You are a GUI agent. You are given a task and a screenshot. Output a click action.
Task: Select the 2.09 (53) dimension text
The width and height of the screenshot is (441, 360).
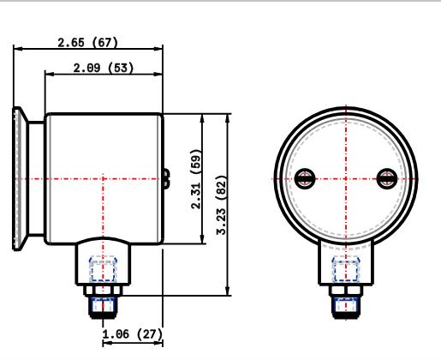pyautogui.click(x=104, y=68)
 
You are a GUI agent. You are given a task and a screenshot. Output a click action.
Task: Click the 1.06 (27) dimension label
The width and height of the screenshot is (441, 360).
pyautogui.click(x=132, y=333)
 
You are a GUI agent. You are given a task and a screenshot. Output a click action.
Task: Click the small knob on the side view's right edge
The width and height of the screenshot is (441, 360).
pyautogui.click(x=164, y=178)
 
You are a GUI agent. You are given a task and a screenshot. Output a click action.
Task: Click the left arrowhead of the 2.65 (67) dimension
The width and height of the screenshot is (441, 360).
pyautogui.click(x=16, y=50)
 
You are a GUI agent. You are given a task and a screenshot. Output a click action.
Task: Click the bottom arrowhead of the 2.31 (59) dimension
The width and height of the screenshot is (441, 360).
pyautogui.click(x=202, y=241)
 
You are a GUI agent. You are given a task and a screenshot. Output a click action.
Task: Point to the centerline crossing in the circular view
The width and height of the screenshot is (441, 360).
pyautogui.click(x=346, y=178)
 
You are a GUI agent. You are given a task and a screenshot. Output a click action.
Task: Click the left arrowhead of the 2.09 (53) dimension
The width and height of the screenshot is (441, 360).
pyautogui.click(x=48, y=75)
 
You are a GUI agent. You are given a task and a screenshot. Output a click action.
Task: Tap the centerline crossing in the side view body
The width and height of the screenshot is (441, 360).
pyautogui.click(x=103, y=178)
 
